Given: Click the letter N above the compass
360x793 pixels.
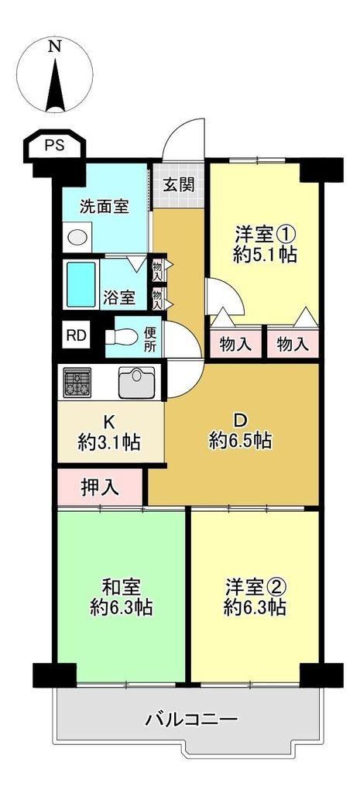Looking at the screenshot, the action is click(x=55, y=47).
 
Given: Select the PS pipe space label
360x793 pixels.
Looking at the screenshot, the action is click(x=55, y=146).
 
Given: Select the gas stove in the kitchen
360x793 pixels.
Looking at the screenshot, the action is click(x=77, y=382).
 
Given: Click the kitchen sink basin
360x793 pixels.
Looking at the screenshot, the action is click(x=136, y=383).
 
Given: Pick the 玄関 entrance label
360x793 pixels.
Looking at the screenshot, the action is click(x=179, y=185).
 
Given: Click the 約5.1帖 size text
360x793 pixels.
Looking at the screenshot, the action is click(x=265, y=254).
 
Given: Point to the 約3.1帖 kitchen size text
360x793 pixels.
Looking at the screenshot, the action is click(x=110, y=443).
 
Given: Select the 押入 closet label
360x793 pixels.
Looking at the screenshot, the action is click(x=100, y=487).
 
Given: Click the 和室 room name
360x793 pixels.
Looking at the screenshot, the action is click(x=122, y=589).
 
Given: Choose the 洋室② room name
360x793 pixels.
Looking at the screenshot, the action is click(x=255, y=588).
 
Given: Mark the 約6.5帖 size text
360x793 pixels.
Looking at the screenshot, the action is click(x=241, y=441).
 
